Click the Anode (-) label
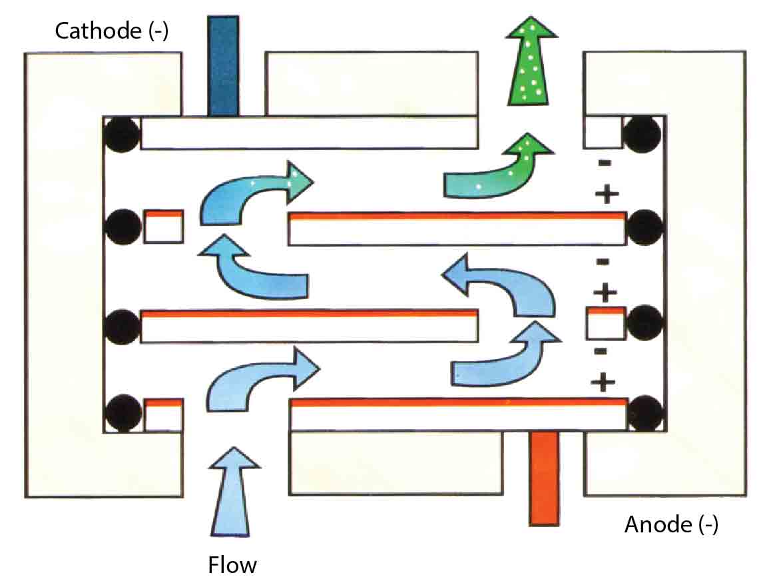671,525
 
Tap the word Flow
232,566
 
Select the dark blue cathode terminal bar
223,66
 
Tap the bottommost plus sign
603,381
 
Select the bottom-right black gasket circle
643,414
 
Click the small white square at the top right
603,133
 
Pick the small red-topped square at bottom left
164,414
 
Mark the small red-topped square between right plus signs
605,322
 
